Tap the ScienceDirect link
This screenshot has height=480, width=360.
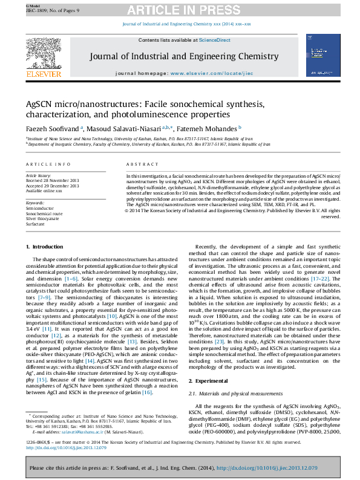click(x=215, y=40)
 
